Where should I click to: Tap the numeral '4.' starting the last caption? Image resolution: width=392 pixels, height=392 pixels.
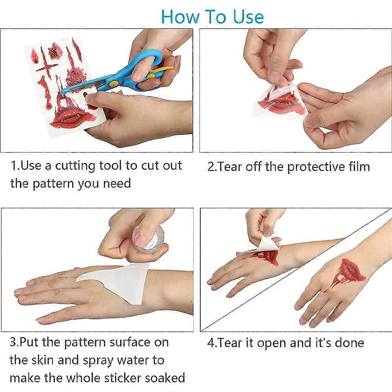(x=212, y=343)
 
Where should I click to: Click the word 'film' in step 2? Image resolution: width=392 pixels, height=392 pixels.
(x=358, y=167)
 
